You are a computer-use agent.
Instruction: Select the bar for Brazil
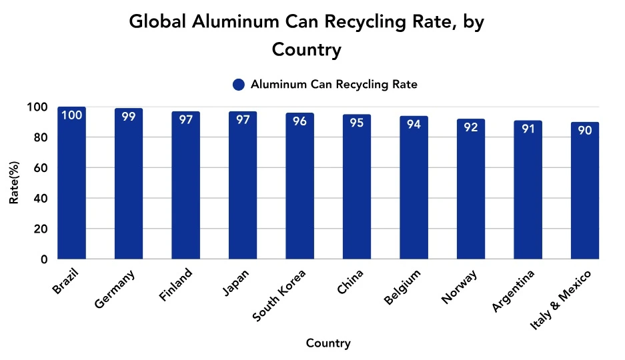coord(71,183)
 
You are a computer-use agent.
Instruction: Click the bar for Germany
coord(129,183)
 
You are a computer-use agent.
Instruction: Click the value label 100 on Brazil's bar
coord(71,116)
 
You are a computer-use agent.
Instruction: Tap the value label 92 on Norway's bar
coord(471,127)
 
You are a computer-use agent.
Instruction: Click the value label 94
coord(414,124)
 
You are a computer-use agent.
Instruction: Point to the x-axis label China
coord(351,282)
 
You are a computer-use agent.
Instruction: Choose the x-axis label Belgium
coord(404,286)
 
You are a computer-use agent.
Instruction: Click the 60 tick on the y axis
coord(41,168)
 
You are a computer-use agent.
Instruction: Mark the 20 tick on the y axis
coord(41,229)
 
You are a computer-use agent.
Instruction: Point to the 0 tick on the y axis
coord(44,259)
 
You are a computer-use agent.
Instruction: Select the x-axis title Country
coord(328,343)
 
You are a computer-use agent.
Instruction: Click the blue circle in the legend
coord(239,85)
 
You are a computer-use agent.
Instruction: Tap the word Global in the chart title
coord(157,21)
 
